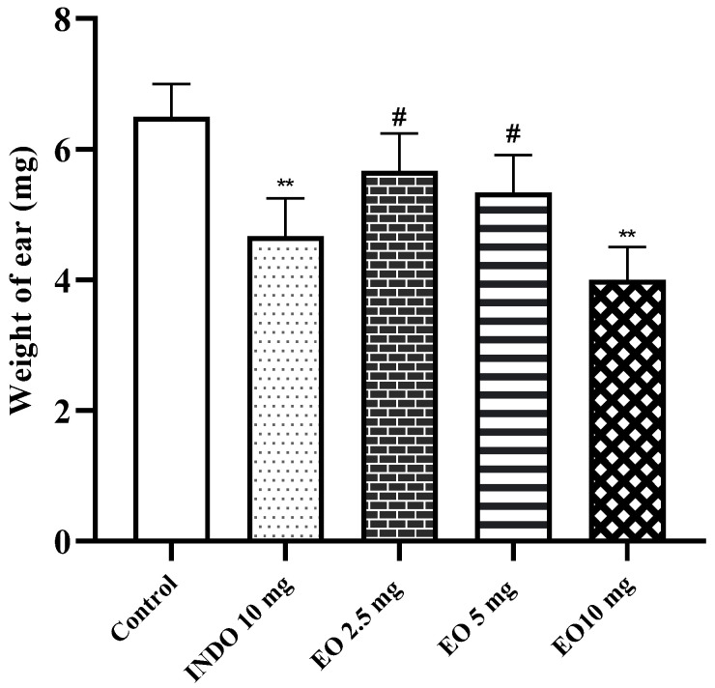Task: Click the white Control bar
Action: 171,329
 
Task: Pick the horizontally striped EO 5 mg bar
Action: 513,367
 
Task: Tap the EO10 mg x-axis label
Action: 604,609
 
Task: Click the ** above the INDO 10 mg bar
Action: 286,183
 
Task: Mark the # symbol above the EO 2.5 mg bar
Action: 399,118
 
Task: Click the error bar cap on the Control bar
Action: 171,84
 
